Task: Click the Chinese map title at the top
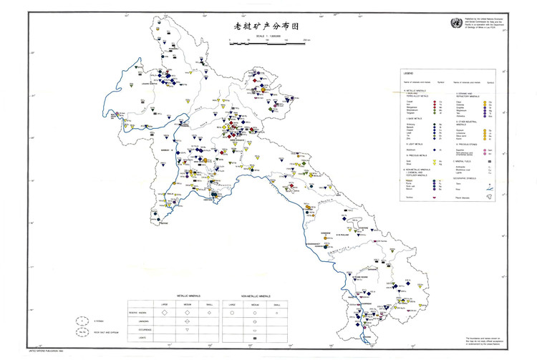point(266,26)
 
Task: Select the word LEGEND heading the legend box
point(408,74)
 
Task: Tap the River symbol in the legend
point(488,190)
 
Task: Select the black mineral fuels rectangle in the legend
point(488,163)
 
